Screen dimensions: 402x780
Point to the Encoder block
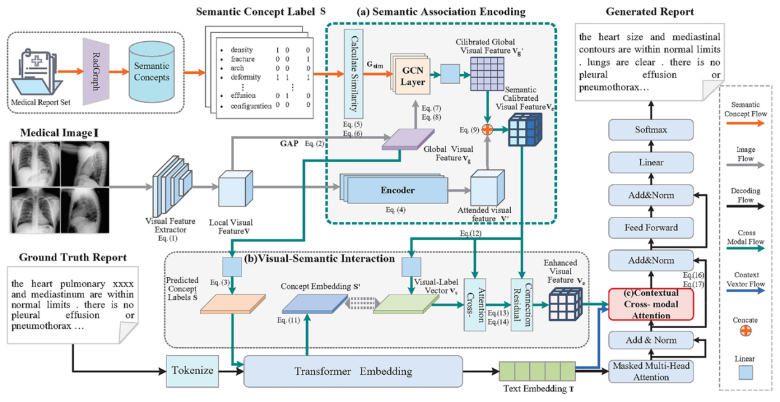click(x=397, y=191)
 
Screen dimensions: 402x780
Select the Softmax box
click(x=651, y=130)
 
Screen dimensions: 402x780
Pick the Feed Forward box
click(x=651, y=227)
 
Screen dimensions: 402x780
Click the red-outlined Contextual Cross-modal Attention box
click(x=651, y=304)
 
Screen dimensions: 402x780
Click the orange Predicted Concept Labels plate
click(x=233, y=306)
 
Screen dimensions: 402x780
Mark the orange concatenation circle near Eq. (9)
click(x=487, y=130)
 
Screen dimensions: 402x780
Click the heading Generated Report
click(x=650, y=12)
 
